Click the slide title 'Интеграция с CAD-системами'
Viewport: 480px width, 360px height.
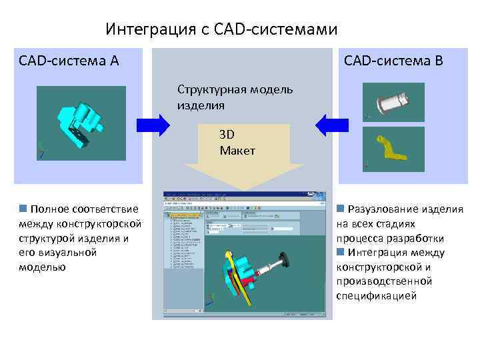[221, 30]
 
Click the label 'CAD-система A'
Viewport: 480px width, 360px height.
[69, 61]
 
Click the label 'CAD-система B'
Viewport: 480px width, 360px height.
[393, 61]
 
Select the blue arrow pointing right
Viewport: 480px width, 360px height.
[153, 125]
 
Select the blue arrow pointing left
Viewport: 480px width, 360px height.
[332, 125]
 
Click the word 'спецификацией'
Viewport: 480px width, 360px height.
[376, 295]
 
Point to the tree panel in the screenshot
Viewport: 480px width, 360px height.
[184, 260]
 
